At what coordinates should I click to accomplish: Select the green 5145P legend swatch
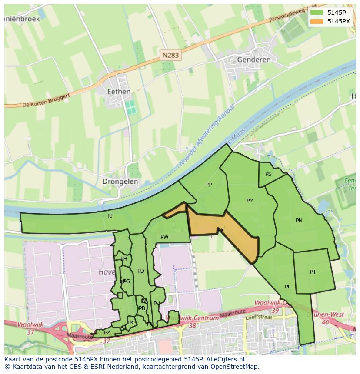(317, 13)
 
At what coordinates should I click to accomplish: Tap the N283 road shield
(170, 55)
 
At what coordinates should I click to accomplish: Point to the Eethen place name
(119, 92)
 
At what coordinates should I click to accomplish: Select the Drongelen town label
(120, 182)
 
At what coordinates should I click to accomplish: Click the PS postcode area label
(268, 174)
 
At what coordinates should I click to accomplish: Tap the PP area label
(209, 185)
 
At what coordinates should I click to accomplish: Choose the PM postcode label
(250, 201)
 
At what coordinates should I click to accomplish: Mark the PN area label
(299, 221)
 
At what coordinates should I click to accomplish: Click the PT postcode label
(313, 272)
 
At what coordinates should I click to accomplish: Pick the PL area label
(288, 287)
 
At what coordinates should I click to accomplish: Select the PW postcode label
(164, 237)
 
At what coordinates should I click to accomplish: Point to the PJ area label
(110, 215)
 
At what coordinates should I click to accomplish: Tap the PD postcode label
(140, 271)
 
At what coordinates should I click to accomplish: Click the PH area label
(124, 259)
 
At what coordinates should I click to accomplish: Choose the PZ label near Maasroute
(107, 333)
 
